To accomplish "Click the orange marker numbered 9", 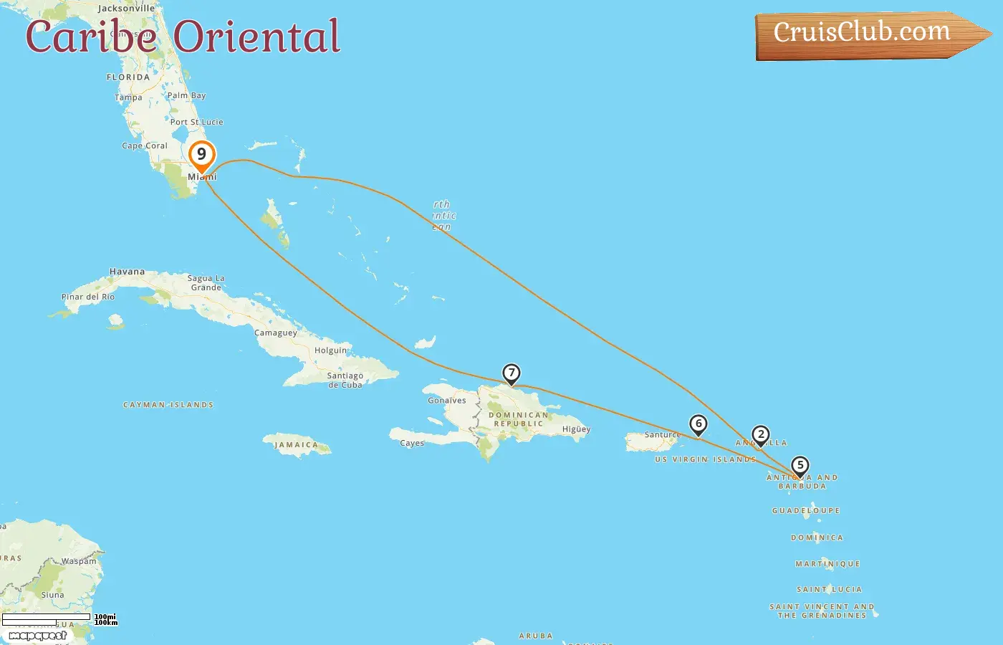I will coord(201,155).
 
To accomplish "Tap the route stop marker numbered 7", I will coord(511,373).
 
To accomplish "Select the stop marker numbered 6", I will coord(699,424).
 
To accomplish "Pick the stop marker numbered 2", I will coord(761,435).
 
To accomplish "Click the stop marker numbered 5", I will coord(800,466).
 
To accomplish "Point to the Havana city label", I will coord(127,272).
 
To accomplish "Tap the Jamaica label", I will coord(296,445).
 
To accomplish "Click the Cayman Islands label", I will coord(168,405).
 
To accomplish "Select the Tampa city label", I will coord(128,97).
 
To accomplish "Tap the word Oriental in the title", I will coord(256,37).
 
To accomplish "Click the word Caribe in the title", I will coord(91,37).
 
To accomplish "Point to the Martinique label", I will coord(827,564).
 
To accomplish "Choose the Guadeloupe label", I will coord(806,511).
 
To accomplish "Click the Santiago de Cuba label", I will coord(345,380).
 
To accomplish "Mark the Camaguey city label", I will coord(276,333).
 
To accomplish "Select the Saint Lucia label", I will coord(830,589).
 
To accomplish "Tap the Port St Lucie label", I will coord(196,122).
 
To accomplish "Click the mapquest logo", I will coord(37,636).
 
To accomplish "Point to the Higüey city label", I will coord(576,429).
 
